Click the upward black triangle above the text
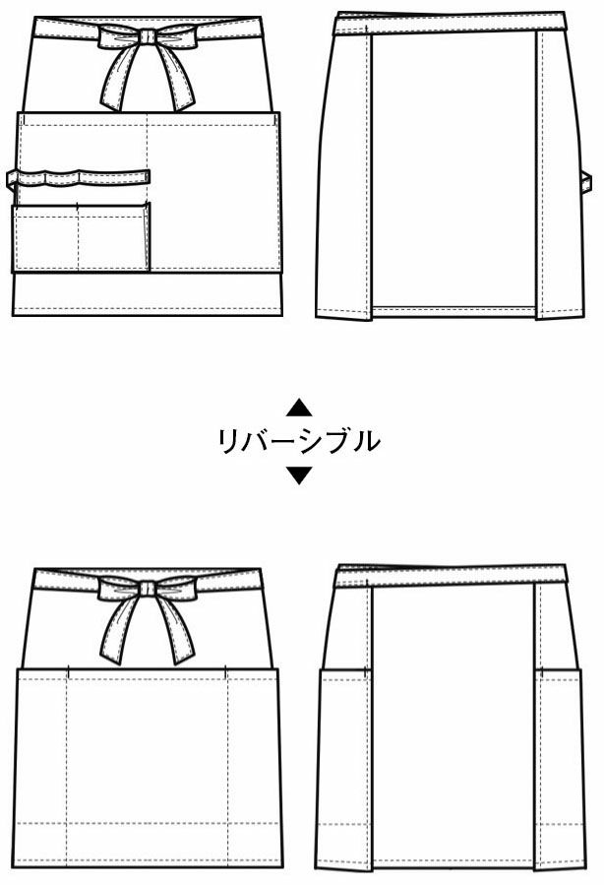(x=299, y=409)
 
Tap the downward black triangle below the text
(x=299, y=474)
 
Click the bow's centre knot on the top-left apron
(x=148, y=36)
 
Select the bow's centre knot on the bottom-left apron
(x=148, y=589)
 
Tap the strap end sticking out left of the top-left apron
(x=13, y=180)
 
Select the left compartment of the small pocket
(x=46, y=238)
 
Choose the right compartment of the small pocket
(x=114, y=238)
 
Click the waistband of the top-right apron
(x=450, y=23)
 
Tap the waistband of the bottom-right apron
(x=450, y=575)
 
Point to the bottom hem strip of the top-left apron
(x=148, y=294)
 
